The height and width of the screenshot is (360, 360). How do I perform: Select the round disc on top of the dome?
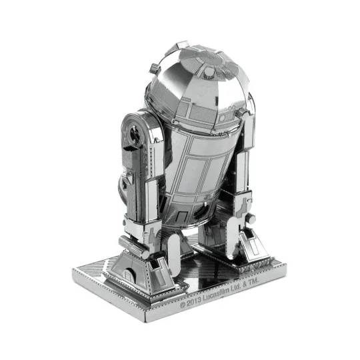click(208, 69)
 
